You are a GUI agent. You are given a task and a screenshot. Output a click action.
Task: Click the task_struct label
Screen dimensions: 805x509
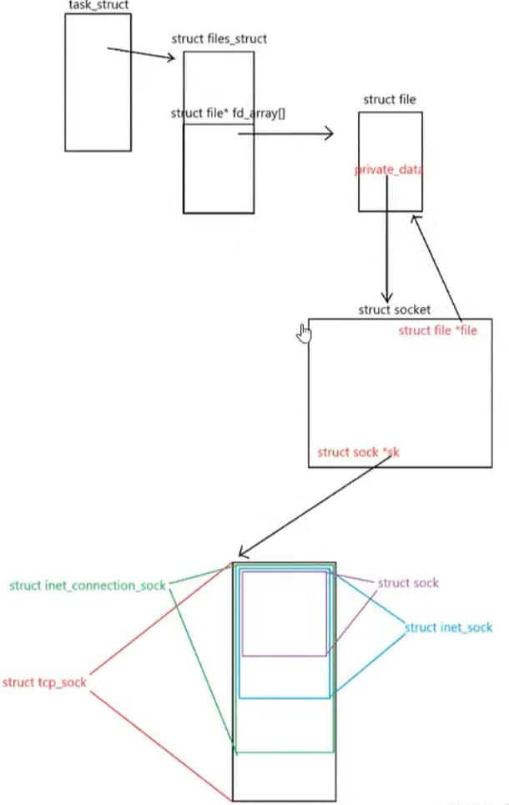(98, 6)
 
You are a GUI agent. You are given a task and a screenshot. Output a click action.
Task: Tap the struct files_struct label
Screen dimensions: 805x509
(219, 39)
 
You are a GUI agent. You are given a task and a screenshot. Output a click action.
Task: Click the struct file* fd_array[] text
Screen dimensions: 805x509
(228, 113)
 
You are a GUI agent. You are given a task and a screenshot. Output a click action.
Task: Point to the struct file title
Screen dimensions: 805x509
(389, 100)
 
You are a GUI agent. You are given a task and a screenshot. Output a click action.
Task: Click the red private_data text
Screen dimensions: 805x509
(389, 170)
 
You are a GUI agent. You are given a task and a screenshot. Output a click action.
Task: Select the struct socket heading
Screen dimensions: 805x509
(395, 309)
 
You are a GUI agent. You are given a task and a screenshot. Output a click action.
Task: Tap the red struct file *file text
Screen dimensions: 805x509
(437, 330)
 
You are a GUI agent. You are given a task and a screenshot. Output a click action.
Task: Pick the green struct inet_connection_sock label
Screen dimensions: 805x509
(88, 585)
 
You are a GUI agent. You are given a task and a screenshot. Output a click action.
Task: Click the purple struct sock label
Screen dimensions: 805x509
(408, 583)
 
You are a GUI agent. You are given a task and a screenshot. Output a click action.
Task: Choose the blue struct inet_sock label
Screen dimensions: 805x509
(448, 627)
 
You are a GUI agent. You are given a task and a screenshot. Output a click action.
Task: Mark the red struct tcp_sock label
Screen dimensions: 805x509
(44, 682)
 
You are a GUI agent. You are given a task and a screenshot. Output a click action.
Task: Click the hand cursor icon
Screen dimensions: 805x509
(305, 334)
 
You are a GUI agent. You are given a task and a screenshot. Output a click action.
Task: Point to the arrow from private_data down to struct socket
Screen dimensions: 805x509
(386, 242)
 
